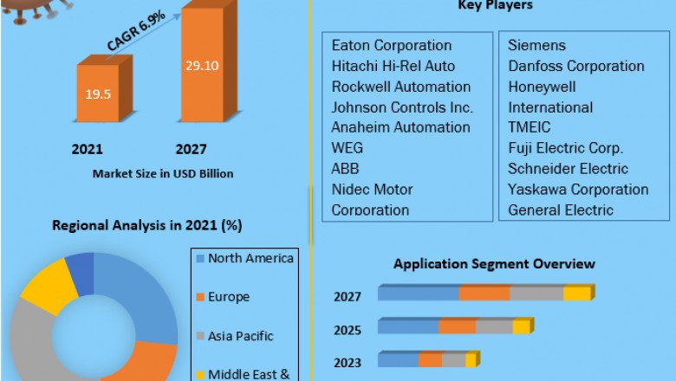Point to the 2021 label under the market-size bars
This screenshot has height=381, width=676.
coord(88,149)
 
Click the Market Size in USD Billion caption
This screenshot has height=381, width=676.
coord(163,173)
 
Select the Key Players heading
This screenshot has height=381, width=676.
coord(495,5)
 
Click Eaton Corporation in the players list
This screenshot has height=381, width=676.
coord(391,45)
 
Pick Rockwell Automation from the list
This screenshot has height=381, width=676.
coord(400,87)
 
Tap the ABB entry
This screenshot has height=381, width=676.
coord(345,168)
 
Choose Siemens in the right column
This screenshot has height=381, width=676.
coord(536,45)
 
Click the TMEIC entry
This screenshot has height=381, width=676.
coord(529,127)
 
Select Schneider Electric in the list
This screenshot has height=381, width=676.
coord(568,168)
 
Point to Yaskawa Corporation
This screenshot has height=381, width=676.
coord(578,189)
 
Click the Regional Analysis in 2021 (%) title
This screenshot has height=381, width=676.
coord(147,225)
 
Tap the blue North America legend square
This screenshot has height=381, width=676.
coord(200,258)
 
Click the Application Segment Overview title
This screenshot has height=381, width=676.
coord(494,263)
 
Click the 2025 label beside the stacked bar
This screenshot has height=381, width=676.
coord(348,329)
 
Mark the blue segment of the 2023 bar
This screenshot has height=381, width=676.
coord(398,360)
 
